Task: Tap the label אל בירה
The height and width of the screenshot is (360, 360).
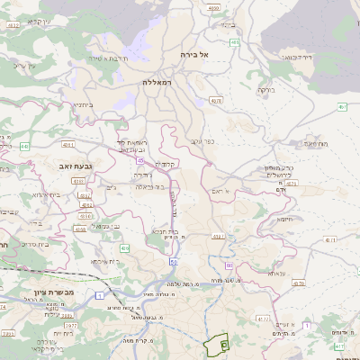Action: pos(193,54)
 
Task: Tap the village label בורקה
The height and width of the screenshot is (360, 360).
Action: pos(265,90)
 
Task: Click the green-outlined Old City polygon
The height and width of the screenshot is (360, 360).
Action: pos(218,344)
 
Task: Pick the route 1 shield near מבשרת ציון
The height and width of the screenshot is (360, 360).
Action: pos(102,295)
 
